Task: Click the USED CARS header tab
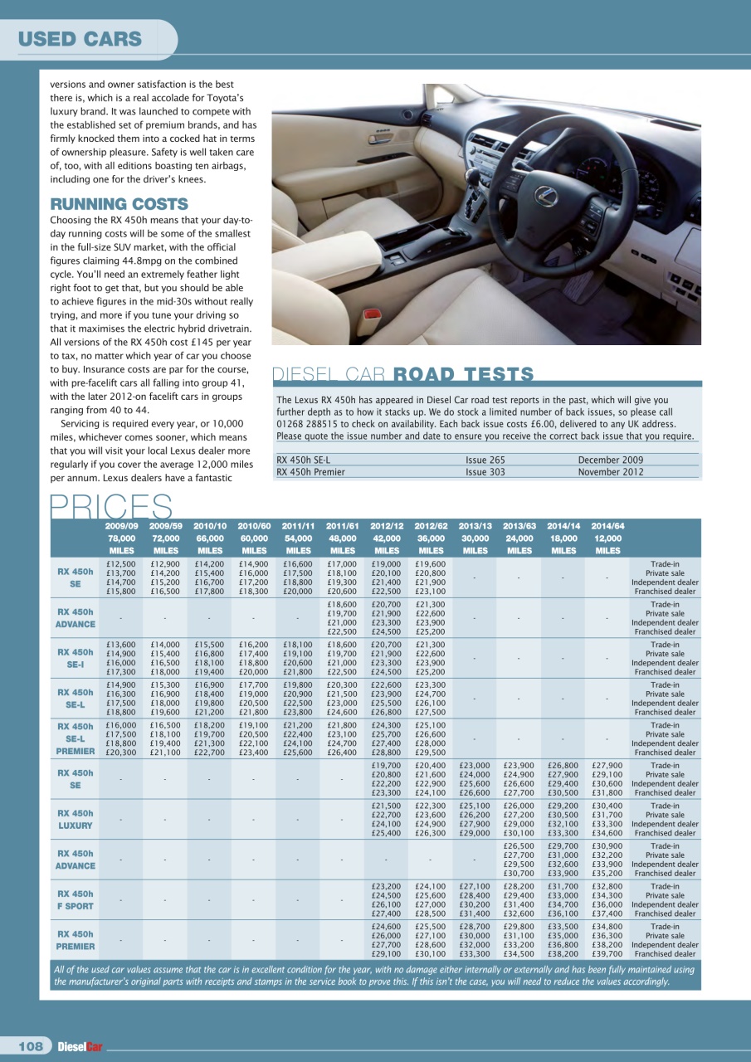(80, 39)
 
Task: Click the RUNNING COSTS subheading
(119, 204)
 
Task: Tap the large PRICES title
(111, 506)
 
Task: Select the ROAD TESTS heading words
(463, 374)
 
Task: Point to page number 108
(31, 1046)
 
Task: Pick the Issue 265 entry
(485, 460)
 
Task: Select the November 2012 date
(612, 472)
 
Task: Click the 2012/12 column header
(387, 525)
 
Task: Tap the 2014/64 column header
(608, 525)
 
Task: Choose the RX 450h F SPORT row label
(75, 900)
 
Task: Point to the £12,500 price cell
(121, 563)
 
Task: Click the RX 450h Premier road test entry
(310, 472)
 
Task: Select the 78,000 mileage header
(121, 538)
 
